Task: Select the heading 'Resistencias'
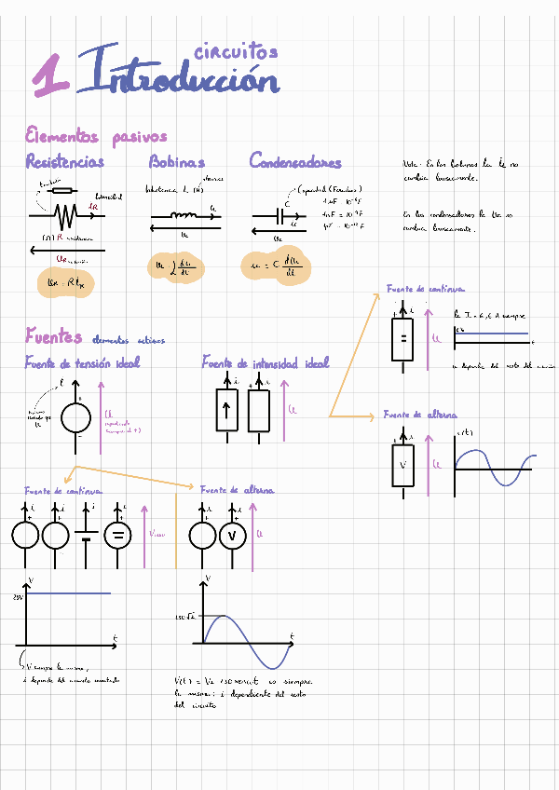pos(64,161)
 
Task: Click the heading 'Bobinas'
pos(177,161)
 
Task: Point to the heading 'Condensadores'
pos(295,161)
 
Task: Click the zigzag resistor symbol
pos(64,217)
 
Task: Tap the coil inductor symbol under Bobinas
pos(185,216)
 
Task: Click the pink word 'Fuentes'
pos(53,336)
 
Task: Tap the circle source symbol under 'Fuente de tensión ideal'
pos(75,417)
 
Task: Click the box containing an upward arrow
pos(227,410)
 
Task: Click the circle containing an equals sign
pos(118,535)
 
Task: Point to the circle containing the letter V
pos(232,535)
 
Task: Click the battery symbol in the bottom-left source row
pos(87,535)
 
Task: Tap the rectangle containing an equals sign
pos(402,337)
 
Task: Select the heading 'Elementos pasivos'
pos(95,137)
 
